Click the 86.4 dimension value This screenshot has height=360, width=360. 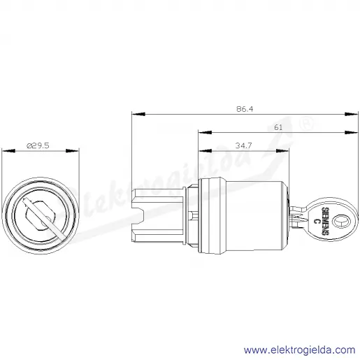(245, 109)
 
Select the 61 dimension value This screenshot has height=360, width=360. (278, 127)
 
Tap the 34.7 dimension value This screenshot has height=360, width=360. (243, 145)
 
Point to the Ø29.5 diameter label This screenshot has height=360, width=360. (38, 145)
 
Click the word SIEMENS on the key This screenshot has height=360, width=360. (325, 221)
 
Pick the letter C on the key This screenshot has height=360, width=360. (316, 221)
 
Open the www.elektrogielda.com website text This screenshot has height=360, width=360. (299, 350)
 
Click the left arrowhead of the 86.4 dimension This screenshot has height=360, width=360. (138, 114)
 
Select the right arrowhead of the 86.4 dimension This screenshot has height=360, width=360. (352, 114)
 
